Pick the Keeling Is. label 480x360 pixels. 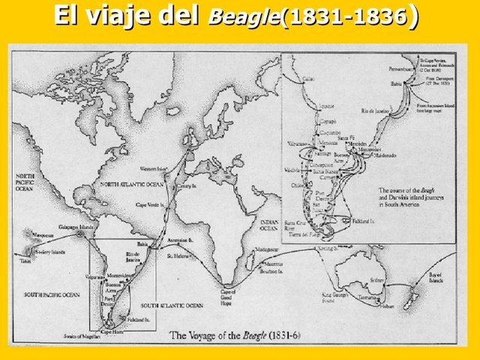tap(328, 247)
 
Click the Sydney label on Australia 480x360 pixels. tap(376, 279)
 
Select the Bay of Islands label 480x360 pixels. tap(436, 280)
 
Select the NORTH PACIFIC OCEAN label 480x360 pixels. tap(31, 182)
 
